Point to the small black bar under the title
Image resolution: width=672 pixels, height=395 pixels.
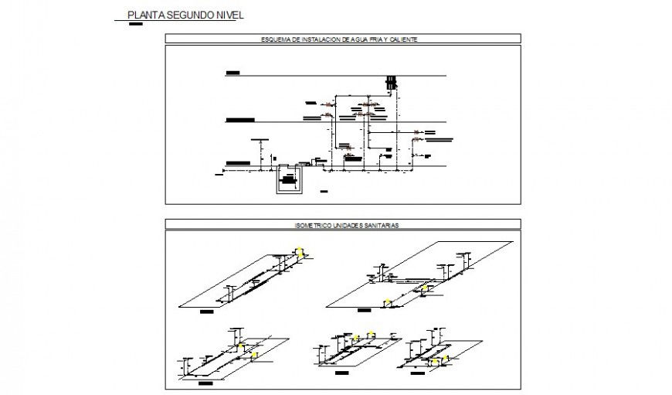point(136,23)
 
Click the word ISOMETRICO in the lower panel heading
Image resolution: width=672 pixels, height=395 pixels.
point(311,225)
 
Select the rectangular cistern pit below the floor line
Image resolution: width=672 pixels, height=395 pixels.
point(288,181)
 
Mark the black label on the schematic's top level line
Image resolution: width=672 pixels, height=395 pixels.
point(232,73)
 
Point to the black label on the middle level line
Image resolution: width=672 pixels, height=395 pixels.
point(240,121)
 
